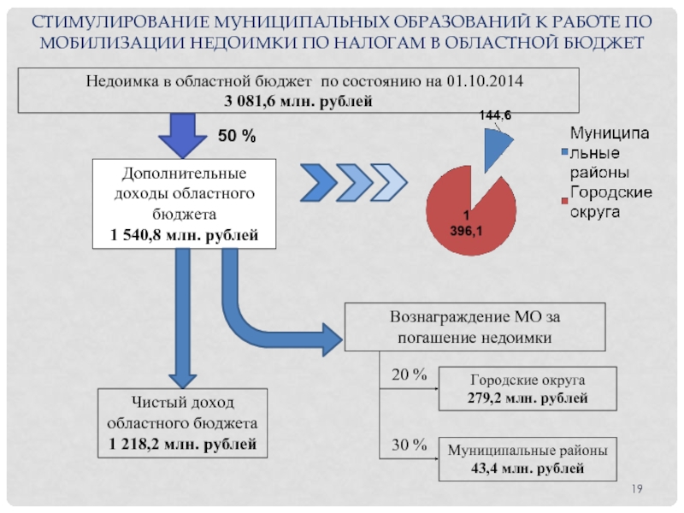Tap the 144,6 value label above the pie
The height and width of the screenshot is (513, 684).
(x=495, y=115)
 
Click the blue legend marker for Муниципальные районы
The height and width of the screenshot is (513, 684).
(x=564, y=152)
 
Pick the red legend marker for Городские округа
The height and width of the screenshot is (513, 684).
(x=564, y=201)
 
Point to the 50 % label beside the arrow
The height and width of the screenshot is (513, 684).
(x=237, y=136)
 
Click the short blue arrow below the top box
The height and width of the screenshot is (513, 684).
(x=183, y=136)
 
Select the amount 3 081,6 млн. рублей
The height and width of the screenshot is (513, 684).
(x=298, y=101)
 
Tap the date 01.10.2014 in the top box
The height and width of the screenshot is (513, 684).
(x=485, y=81)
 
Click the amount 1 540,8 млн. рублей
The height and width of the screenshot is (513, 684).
(x=185, y=235)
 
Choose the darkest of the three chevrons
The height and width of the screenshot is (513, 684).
(x=319, y=183)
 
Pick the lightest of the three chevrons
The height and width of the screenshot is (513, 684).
(x=389, y=183)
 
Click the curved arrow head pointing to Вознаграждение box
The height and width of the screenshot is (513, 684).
(x=333, y=339)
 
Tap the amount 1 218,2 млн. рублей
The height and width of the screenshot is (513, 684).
(x=182, y=444)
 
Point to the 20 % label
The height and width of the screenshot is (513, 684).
(x=409, y=374)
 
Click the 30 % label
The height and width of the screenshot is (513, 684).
(x=409, y=445)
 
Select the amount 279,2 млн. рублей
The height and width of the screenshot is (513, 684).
(x=528, y=398)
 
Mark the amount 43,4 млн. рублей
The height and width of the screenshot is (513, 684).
(x=528, y=469)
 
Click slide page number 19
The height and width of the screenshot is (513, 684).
(x=637, y=489)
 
